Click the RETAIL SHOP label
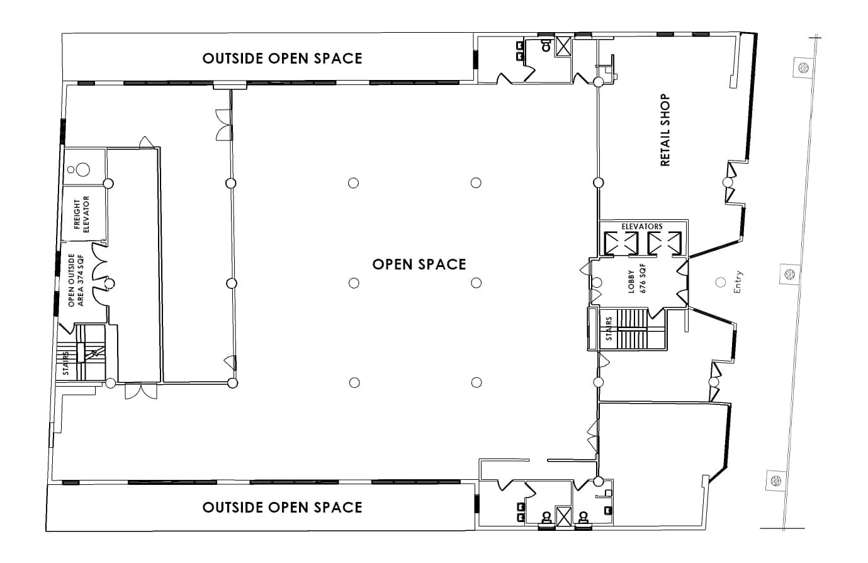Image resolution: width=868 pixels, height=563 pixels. pyautogui.click(x=665, y=130)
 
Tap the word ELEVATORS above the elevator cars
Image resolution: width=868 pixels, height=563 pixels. pyautogui.click(x=641, y=227)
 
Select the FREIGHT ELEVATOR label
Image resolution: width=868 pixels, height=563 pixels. pyautogui.click(x=81, y=214)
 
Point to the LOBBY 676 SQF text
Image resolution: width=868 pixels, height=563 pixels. pyautogui.click(x=636, y=278)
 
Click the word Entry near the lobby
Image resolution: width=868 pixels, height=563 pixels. pyautogui.click(x=738, y=281)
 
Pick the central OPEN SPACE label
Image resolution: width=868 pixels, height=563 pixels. pyautogui.click(x=419, y=264)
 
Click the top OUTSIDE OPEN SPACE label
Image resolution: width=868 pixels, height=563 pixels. pyautogui.click(x=282, y=59)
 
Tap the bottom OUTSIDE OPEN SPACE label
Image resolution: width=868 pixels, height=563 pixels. pyautogui.click(x=282, y=507)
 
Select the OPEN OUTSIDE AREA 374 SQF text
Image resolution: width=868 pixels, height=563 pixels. pyautogui.click(x=76, y=280)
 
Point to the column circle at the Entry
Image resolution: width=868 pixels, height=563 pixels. pyautogui.click(x=720, y=282)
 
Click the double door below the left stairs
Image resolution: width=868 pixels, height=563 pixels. pyautogui.click(x=141, y=391)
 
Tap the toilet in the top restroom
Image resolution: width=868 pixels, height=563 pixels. pyautogui.click(x=546, y=45)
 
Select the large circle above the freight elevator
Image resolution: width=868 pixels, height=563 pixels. pyautogui.click(x=82, y=169)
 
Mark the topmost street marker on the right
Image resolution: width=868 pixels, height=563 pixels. pyautogui.click(x=804, y=67)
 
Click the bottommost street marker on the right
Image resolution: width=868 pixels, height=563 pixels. pyautogui.click(x=776, y=481)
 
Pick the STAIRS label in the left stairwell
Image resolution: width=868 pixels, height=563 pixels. pyautogui.click(x=66, y=363)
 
